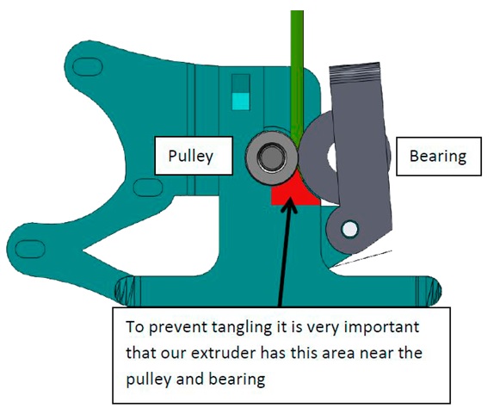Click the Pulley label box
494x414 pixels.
pyautogui.click(x=194, y=156)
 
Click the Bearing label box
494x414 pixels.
pyautogui.click(x=439, y=157)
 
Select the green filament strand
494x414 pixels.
pyautogui.click(x=297, y=76)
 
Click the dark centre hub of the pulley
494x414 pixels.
pyautogui.click(x=271, y=157)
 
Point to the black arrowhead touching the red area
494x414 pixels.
pyautogui.click(x=289, y=203)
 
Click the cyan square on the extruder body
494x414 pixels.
pyautogui.click(x=241, y=102)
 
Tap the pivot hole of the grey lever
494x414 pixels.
pyautogui.click(x=349, y=229)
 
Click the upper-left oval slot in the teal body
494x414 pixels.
pyautogui.click(x=88, y=67)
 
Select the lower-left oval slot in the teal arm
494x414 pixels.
pyautogui.click(x=30, y=249)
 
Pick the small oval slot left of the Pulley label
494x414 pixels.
pyautogui.click(x=148, y=188)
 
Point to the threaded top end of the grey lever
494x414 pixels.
pyautogui.click(x=355, y=73)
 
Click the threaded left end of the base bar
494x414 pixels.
pyautogui.click(x=125, y=291)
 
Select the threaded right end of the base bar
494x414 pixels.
pyautogui.click(x=429, y=291)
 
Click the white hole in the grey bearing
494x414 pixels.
pyautogui.click(x=332, y=155)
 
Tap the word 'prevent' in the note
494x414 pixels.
pyautogui.click(x=176, y=328)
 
